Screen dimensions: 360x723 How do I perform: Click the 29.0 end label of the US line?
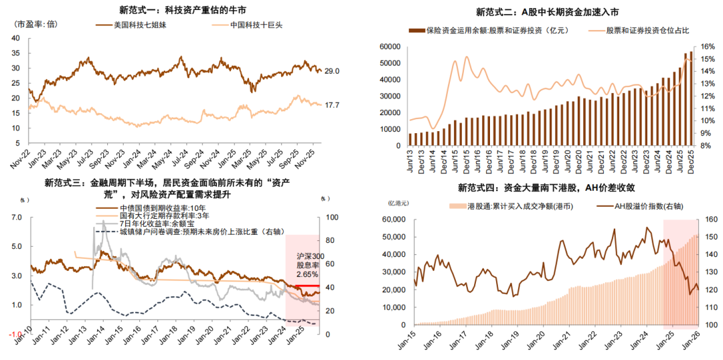point(331,71)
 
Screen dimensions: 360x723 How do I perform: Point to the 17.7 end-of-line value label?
point(331,104)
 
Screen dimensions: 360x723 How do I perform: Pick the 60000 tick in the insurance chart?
point(390,46)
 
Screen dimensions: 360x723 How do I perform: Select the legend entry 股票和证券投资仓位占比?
point(647,31)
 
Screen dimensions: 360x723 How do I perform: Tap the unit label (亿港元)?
point(398,203)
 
